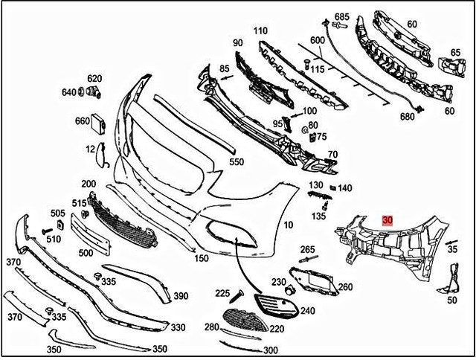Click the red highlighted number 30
387,221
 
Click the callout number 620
94,78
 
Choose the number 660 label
82,121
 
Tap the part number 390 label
181,296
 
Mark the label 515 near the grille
79,203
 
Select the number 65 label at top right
455,53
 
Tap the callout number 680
407,117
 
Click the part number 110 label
260,31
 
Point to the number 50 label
452,300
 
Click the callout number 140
344,188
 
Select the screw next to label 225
240,295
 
